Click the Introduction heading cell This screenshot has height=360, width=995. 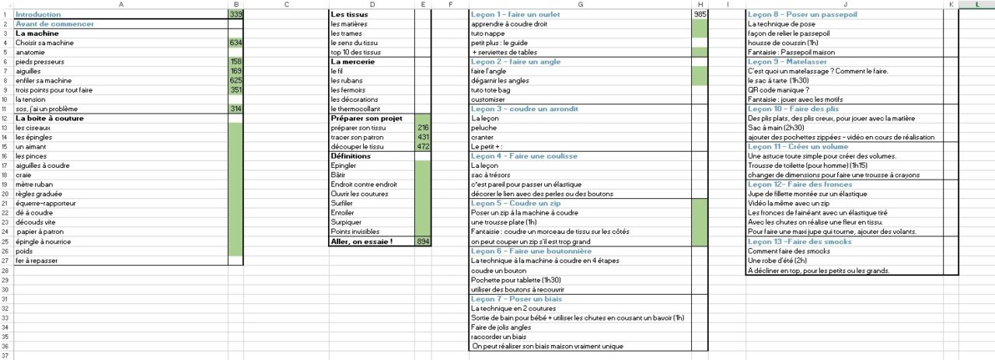click(38, 15)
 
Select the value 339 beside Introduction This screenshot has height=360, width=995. click(236, 15)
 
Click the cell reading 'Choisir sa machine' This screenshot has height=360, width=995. click(44, 43)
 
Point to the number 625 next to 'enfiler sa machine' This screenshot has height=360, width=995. click(236, 81)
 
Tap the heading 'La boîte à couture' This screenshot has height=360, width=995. click(49, 118)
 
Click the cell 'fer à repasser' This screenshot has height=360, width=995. click(37, 260)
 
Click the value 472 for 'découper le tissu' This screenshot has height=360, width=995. click(423, 146)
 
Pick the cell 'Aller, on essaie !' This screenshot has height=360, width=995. click(361, 242)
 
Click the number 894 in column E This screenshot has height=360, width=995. click(423, 242)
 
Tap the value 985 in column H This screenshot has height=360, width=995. click(699, 15)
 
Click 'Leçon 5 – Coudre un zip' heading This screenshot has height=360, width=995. click(515, 204)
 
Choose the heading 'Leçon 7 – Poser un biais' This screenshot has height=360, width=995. click(517, 299)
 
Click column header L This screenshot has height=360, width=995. click(976, 5)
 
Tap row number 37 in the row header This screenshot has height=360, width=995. click(5, 355)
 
